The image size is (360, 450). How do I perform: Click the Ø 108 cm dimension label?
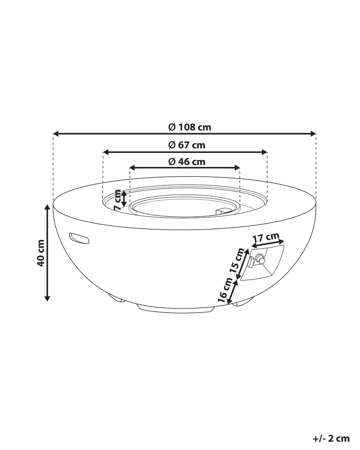(189, 127)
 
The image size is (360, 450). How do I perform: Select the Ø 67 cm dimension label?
(187, 145)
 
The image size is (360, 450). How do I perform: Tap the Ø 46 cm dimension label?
(187, 162)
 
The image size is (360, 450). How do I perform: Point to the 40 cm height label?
(41, 253)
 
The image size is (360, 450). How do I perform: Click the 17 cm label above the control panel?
(266, 238)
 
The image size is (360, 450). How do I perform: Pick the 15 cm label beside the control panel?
(237, 260)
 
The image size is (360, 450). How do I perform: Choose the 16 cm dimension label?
(225, 290)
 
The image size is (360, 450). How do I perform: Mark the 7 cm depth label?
(117, 200)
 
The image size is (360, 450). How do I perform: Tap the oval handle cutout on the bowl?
(79, 238)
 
